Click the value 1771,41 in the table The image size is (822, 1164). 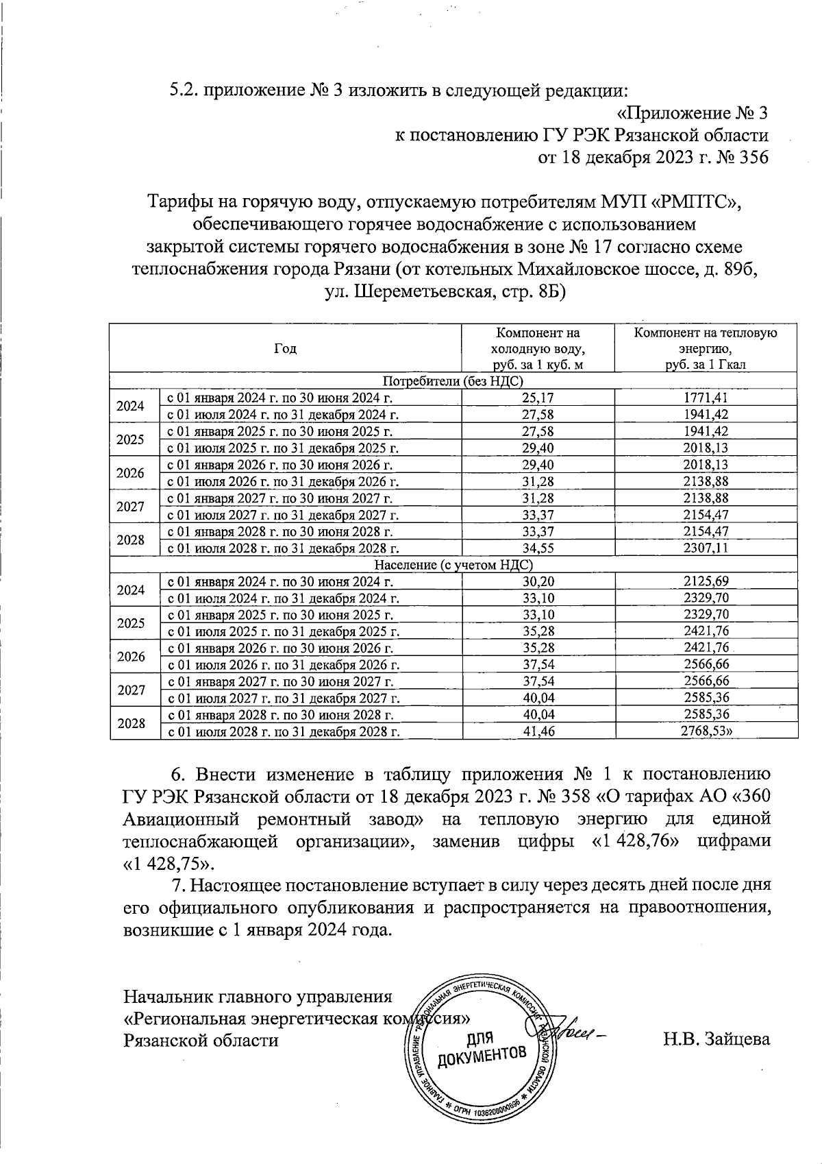click(706, 398)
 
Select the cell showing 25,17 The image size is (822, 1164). click(538, 398)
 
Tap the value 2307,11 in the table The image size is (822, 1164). click(706, 548)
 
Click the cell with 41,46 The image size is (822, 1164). click(538, 731)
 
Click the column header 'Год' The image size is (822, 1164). click(286, 348)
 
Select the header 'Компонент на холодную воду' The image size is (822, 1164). click(538, 348)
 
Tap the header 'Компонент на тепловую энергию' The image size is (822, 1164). click(706, 348)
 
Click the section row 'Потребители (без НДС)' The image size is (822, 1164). click(453, 381)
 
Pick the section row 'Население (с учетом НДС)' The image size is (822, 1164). click(453, 565)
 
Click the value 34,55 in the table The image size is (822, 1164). click(538, 548)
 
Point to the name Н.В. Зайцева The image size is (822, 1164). click(716, 1039)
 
